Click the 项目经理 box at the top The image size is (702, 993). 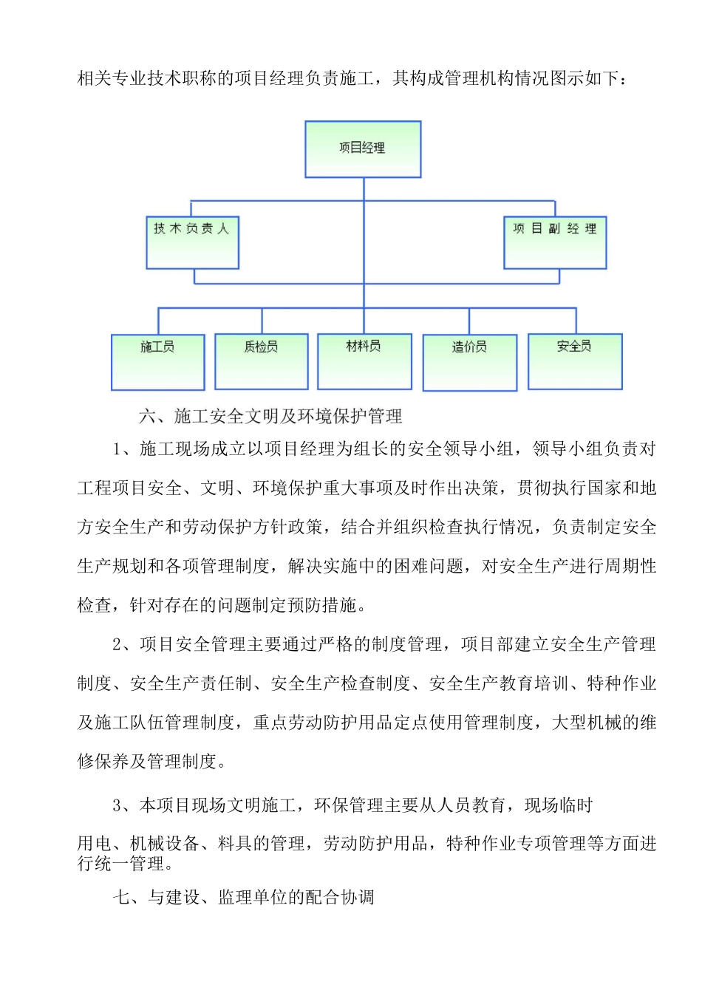pos(363,149)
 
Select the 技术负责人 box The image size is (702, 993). pos(192,242)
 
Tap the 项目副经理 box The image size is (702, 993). pos(555,242)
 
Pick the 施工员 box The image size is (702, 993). pos(157,361)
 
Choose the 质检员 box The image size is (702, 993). pos(261,361)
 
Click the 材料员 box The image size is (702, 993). pos(364,361)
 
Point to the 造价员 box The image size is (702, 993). pos(469,362)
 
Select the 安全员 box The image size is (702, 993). pos(575,361)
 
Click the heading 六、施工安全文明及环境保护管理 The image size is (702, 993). pos(270,417)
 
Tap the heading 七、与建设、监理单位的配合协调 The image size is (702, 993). pos(244,898)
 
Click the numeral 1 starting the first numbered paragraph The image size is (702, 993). pos(117,449)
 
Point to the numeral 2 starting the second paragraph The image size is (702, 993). pos(117,645)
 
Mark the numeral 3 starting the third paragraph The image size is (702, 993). pos(117,805)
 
